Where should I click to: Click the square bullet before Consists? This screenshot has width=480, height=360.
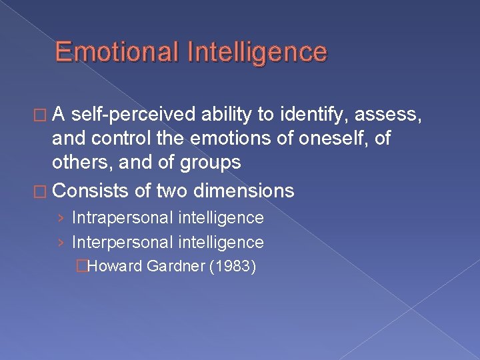43,191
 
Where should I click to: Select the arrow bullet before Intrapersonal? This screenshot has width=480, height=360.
61,218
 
